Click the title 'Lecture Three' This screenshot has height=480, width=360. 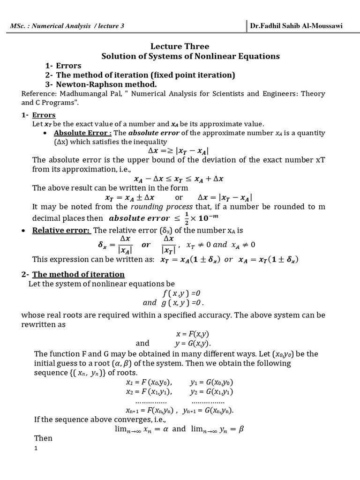click(x=180, y=46)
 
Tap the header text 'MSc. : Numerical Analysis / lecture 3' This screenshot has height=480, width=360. click(x=67, y=26)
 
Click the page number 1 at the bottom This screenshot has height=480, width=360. click(x=36, y=449)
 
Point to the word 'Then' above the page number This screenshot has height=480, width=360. click(x=43, y=438)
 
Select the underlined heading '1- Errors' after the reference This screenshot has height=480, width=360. click(x=38, y=115)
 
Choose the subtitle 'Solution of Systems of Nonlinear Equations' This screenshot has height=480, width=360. click(x=190, y=56)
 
